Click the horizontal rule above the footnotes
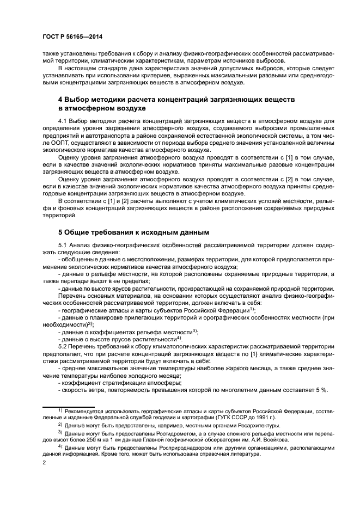69,404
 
